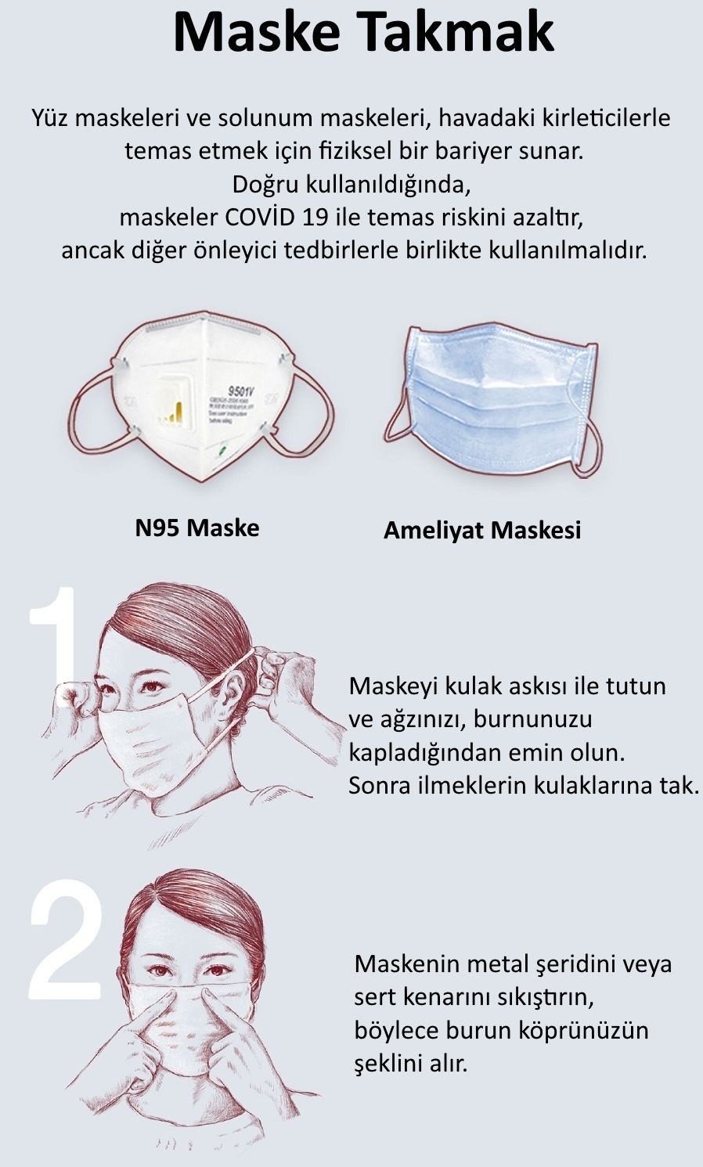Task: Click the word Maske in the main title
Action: point(255,31)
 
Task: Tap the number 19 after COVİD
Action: point(315,218)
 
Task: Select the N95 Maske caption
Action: point(197,528)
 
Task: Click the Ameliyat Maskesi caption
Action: point(482,531)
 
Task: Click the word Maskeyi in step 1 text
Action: point(393,686)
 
